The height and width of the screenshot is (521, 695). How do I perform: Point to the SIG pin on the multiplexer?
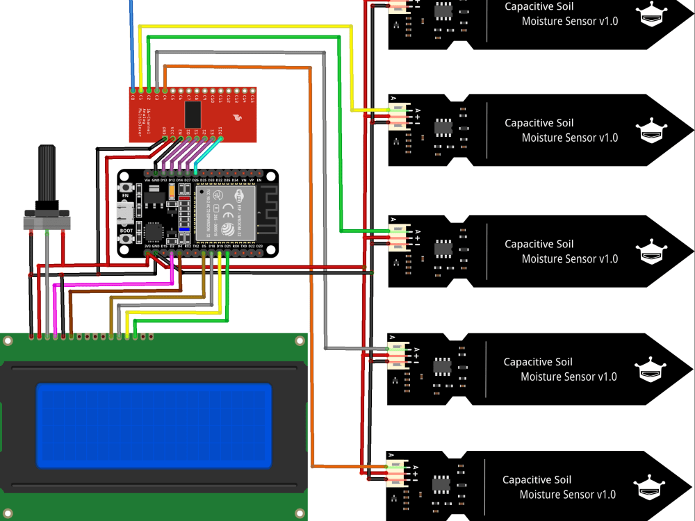[221, 138]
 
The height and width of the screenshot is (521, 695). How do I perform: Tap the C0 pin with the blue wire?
[133, 90]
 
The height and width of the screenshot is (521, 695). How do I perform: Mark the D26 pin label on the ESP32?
[195, 180]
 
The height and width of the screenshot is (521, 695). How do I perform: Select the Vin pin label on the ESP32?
[147, 180]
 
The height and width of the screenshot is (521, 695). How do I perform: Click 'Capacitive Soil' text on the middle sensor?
[539, 244]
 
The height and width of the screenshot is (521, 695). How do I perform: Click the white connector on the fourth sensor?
[398, 355]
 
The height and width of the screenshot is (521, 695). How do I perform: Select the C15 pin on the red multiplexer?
[252, 90]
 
